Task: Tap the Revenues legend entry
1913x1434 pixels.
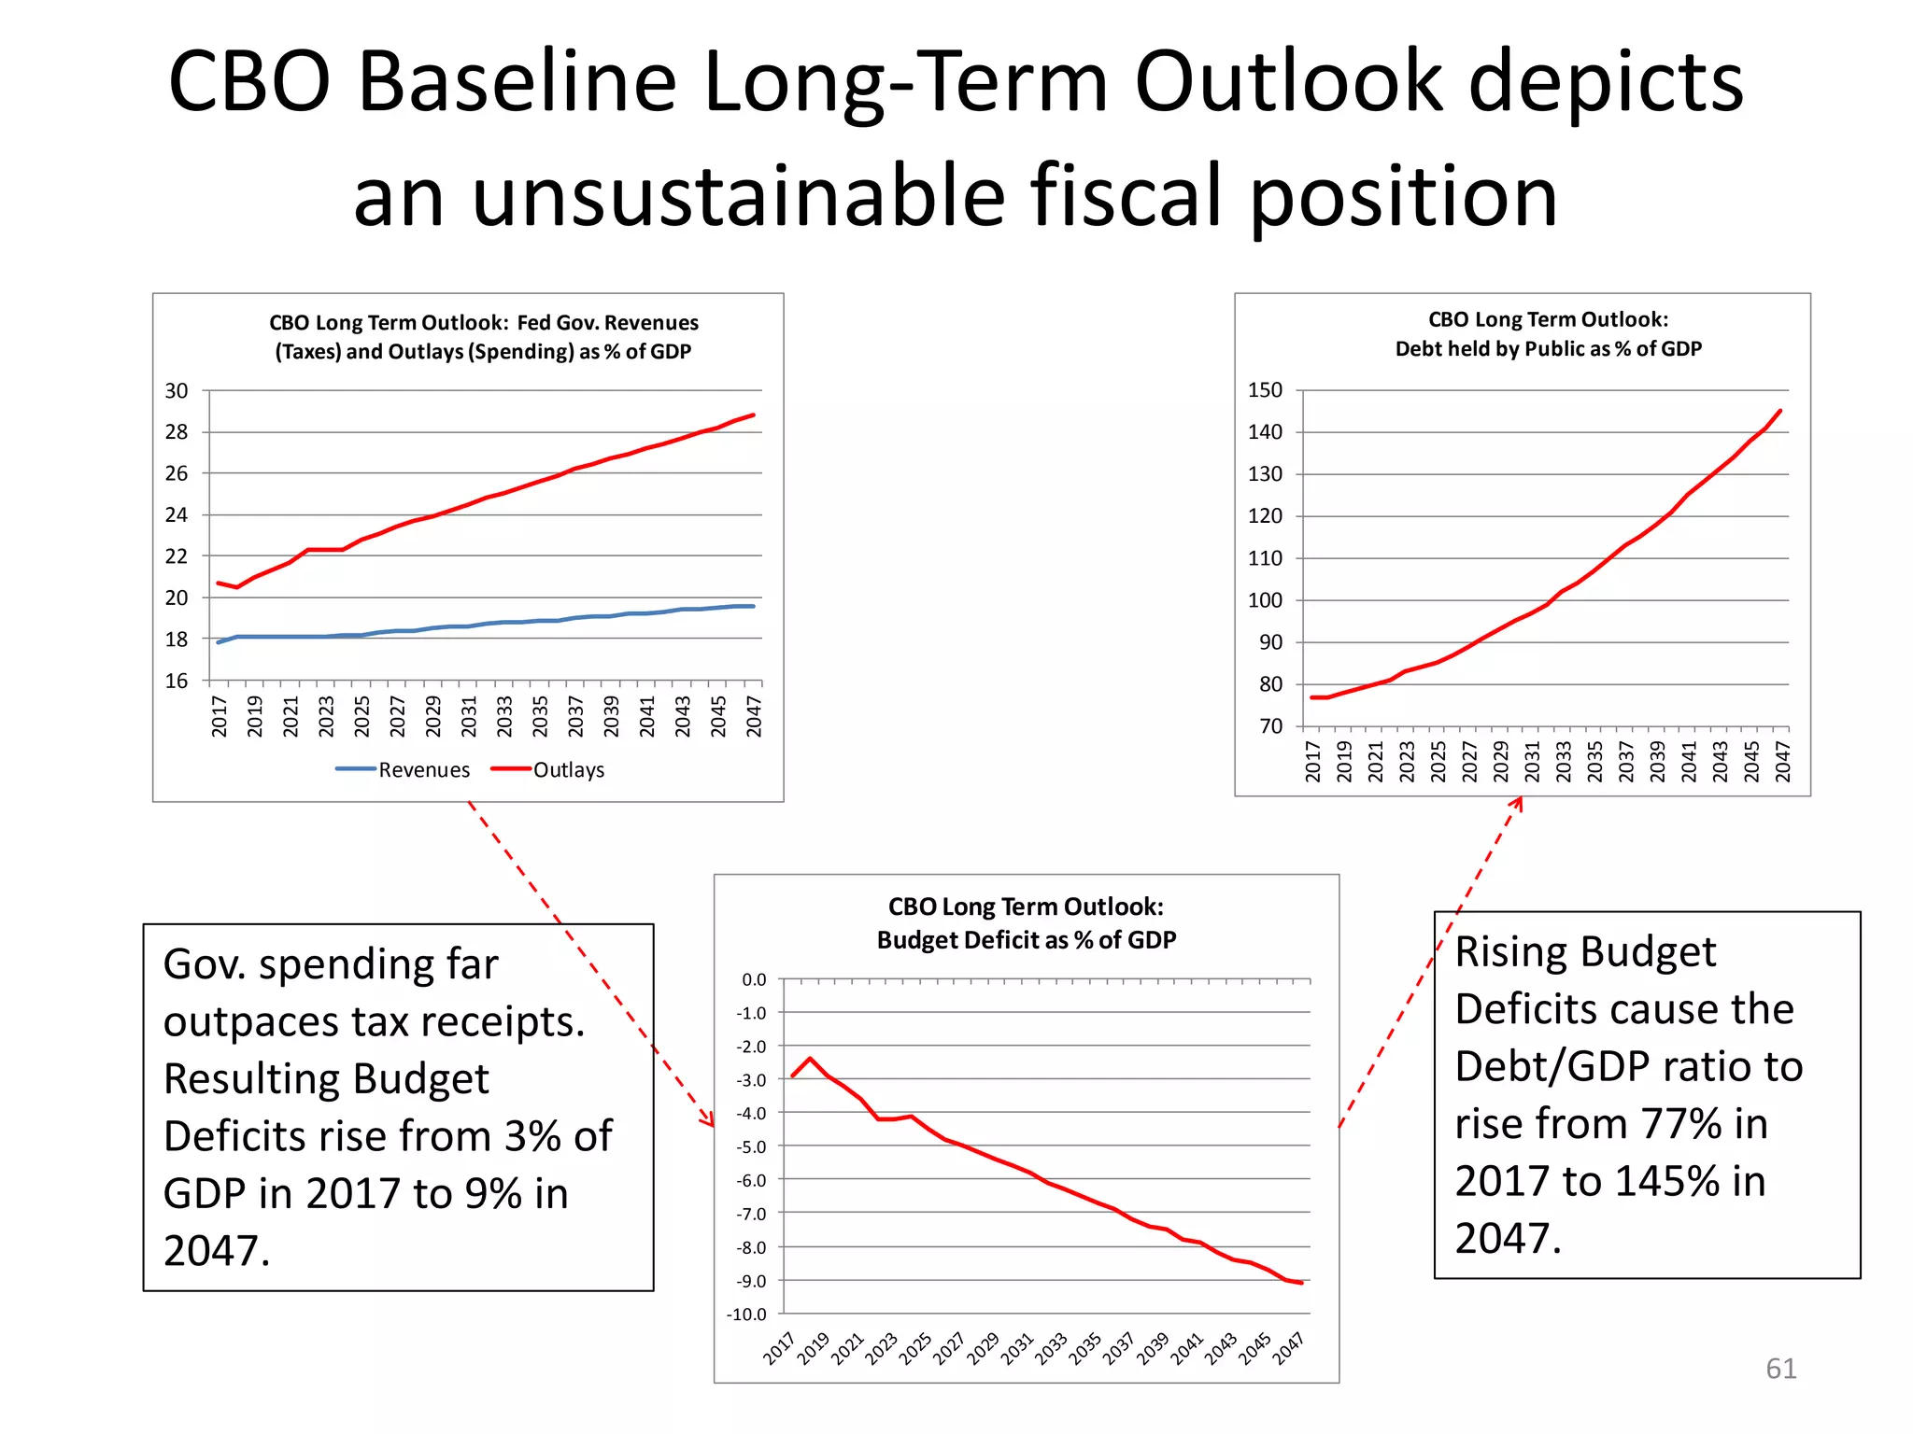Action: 404,770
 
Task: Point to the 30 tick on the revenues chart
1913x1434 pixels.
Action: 177,391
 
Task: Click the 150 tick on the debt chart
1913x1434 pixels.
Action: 1265,390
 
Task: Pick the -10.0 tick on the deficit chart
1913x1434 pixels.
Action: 746,1314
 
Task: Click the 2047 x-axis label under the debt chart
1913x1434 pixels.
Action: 1782,761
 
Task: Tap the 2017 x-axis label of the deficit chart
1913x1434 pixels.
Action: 779,1348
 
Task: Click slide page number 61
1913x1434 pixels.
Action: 1780,1369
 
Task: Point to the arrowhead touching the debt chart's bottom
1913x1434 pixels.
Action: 1520,802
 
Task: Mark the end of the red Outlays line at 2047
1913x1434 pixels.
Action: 754,415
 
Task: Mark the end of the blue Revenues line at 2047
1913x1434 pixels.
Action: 754,606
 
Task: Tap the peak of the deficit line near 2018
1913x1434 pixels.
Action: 810,1059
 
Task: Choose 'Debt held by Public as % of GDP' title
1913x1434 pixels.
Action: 1548,349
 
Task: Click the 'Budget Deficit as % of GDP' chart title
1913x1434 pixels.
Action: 1026,940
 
